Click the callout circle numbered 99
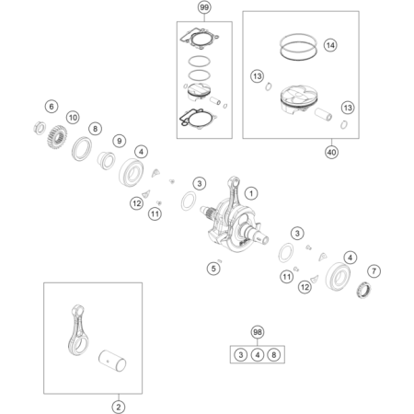204,7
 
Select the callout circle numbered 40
331,152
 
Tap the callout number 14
330,45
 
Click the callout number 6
52,107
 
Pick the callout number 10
73,118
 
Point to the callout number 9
120,141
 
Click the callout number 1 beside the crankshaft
251,193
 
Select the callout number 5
213,269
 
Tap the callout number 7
374,271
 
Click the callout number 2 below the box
119,408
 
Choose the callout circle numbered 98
258,332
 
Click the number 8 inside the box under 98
274,355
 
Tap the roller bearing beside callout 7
363,290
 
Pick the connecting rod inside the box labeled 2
78,330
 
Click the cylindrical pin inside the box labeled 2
112,361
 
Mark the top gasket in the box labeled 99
200,39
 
